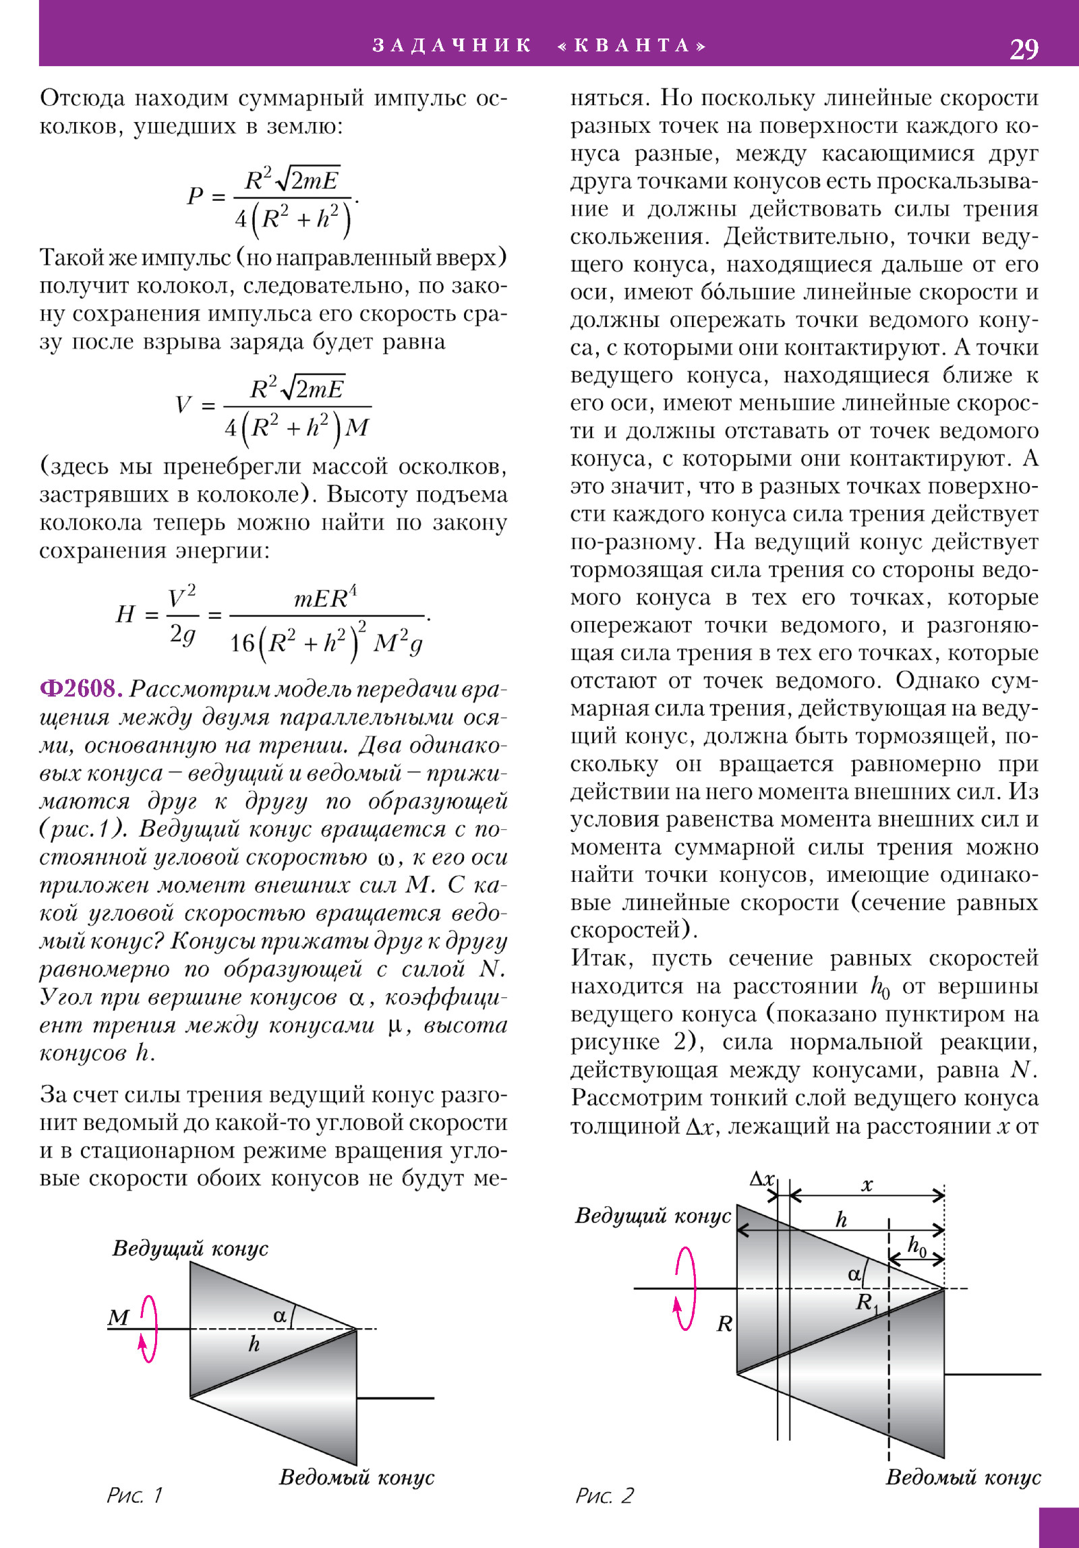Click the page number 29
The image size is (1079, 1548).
pyautogui.click(x=1023, y=49)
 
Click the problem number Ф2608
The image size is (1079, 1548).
pyautogui.click(x=81, y=688)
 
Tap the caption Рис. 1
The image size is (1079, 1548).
pyautogui.click(x=134, y=1495)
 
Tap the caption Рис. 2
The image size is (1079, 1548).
pyautogui.click(x=604, y=1495)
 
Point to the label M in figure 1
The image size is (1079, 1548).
pyautogui.click(x=119, y=1316)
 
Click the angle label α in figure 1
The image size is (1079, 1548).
pyautogui.click(x=280, y=1315)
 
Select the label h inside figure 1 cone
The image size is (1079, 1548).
pyautogui.click(x=254, y=1344)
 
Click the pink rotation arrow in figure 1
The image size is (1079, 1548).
pyautogui.click(x=148, y=1328)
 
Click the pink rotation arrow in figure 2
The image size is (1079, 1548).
pyautogui.click(x=685, y=1288)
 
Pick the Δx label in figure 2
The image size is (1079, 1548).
pyautogui.click(x=762, y=1179)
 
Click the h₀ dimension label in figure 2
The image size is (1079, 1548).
pyautogui.click(x=917, y=1245)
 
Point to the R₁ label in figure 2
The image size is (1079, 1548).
pyautogui.click(x=867, y=1303)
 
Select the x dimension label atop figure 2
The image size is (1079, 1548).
pyautogui.click(x=867, y=1185)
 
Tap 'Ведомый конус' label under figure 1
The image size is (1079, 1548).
pyautogui.click(x=357, y=1477)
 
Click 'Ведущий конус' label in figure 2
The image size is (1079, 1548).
pyautogui.click(x=653, y=1215)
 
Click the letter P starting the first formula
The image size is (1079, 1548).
pyautogui.click(x=195, y=196)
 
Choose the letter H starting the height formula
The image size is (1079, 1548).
pyautogui.click(x=125, y=614)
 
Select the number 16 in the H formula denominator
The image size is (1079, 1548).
pyautogui.click(x=242, y=643)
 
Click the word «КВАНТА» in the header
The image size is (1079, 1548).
pyautogui.click(x=632, y=45)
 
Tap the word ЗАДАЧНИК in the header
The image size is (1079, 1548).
pyautogui.click(x=453, y=45)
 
